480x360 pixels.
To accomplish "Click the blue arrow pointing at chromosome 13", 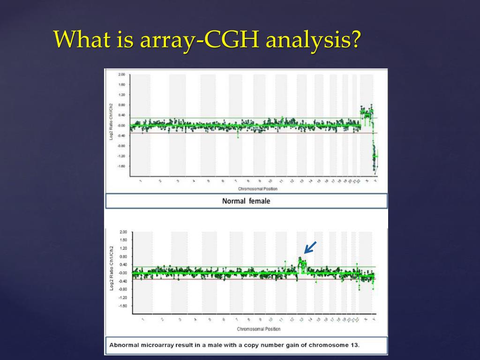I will click(310, 247).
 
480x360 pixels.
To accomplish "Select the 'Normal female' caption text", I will click(246, 201).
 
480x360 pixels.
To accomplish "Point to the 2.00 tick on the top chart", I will click(121, 75).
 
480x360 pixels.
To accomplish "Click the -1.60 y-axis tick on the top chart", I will click(121, 166).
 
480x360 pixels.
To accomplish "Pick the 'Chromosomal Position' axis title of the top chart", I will click(257, 189).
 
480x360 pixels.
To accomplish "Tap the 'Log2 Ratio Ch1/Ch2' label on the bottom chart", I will click(112, 267).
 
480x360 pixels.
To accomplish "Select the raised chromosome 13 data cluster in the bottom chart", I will click(302, 265).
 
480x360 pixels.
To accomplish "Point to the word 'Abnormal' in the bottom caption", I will click(124, 345).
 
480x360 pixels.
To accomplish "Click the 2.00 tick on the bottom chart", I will click(123, 232).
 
